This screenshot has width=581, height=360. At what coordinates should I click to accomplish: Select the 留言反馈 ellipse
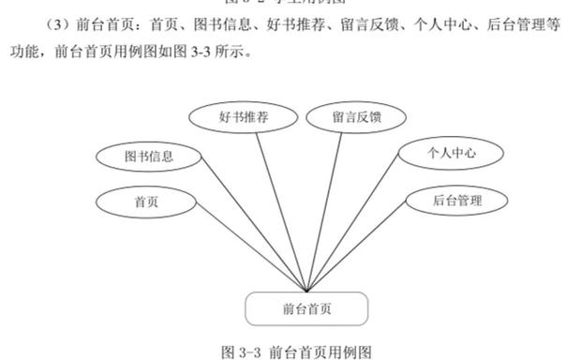pos(356,118)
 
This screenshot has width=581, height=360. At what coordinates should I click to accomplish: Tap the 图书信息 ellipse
pos(149,157)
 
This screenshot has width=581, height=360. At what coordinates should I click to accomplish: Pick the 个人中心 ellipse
pos(452,153)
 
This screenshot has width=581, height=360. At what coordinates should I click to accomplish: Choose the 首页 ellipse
pos(146,201)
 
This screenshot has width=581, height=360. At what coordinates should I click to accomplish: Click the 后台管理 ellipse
pos(456,200)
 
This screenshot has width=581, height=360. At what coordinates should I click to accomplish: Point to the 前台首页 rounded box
pos(306,308)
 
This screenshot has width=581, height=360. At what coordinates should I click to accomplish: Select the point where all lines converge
pos(306,291)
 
